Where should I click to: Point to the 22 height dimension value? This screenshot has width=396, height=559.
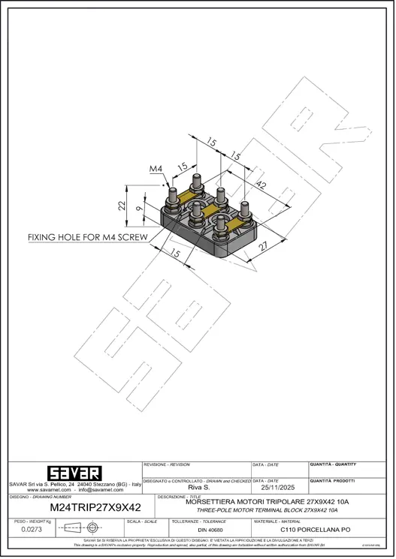pos(120,205)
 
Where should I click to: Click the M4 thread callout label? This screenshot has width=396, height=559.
pos(156,169)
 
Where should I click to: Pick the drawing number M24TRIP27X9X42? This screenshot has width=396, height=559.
pos(95,507)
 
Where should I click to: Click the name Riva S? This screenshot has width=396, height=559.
pos(197,488)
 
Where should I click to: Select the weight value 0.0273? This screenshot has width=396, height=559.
pos(32,530)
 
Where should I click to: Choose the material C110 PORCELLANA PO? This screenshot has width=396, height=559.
pos(315,530)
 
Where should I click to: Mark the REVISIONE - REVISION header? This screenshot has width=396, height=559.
pos(167,465)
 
